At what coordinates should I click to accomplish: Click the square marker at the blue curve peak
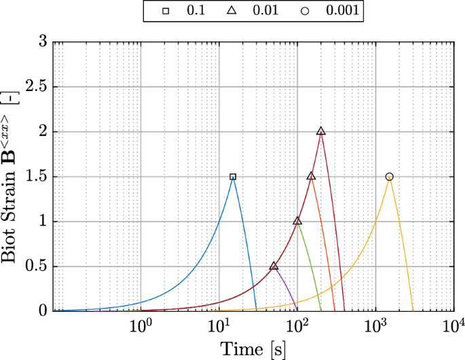(x=233, y=177)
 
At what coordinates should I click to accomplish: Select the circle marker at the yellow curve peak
(x=389, y=177)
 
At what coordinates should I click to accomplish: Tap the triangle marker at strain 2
(x=321, y=132)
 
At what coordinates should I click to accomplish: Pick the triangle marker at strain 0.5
(x=274, y=266)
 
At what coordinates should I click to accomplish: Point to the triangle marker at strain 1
(x=297, y=221)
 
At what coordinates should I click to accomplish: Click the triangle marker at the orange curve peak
(x=311, y=177)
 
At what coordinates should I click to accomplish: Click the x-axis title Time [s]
(x=253, y=349)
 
